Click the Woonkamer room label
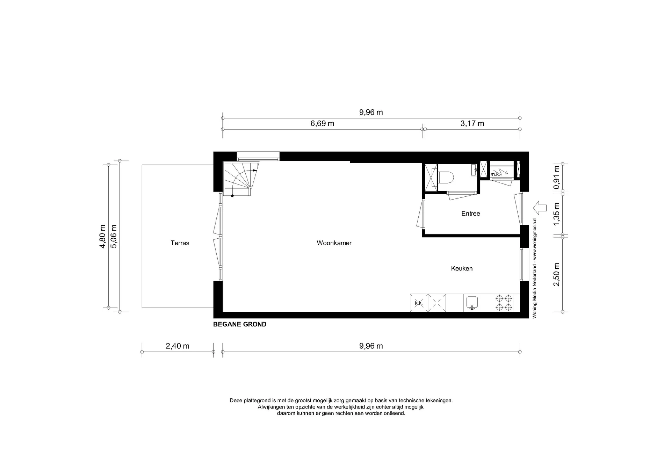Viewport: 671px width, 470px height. pyautogui.click(x=334, y=243)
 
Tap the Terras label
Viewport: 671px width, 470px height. pyautogui.click(x=180, y=243)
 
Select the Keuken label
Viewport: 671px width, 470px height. pyautogui.click(x=462, y=268)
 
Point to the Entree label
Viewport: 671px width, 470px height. pyautogui.click(x=470, y=214)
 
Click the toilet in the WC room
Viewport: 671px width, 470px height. pyautogui.click(x=446, y=178)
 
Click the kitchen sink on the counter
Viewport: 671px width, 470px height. pyautogui.click(x=472, y=303)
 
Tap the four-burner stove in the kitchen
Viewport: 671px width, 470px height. pyautogui.click(x=504, y=303)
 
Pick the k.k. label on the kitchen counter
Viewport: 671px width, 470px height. pyautogui.click(x=419, y=303)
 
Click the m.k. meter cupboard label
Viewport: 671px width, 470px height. pyautogui.click(x=495, y=174)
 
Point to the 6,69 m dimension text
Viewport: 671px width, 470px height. pyautogui.click(x=322, y=123)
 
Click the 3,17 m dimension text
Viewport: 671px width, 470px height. pyautogui.click(x=472, y=123)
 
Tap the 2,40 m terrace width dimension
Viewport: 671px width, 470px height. pyautogui.click(x=178, y=346)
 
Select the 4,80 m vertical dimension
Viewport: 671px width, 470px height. pyautogui.click(x=102, y=237)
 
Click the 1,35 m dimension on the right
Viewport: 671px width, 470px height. pyautogui.click(x=557, y=214)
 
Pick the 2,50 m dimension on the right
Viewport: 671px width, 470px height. pyautogui.click(x=557, y=274)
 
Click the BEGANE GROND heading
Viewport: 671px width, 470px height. pyautogui.click(x=240, y=324)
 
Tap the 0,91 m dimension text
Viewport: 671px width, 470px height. pyautogui.click(x=557, y=177)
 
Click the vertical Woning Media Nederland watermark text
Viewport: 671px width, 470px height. pyautogui.click(x=534, y=267)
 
